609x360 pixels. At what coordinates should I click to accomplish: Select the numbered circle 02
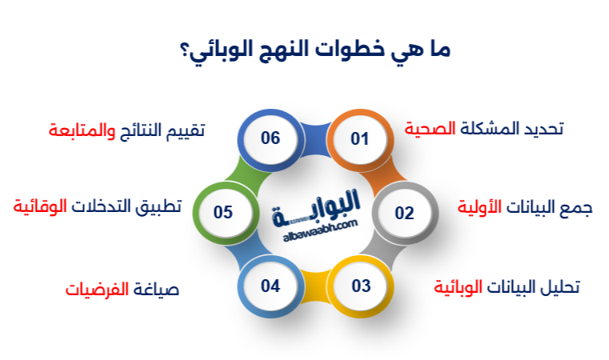(x=404, y=212)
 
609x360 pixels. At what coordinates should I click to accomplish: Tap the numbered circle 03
(x=360, y=286)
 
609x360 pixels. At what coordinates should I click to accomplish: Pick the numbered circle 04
(x=270, y=286)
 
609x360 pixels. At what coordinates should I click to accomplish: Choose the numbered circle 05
(x=223, y=212)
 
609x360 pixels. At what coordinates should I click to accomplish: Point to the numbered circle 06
(x=270, y=138)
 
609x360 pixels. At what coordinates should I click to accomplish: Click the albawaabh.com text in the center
(x=314, y=229)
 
